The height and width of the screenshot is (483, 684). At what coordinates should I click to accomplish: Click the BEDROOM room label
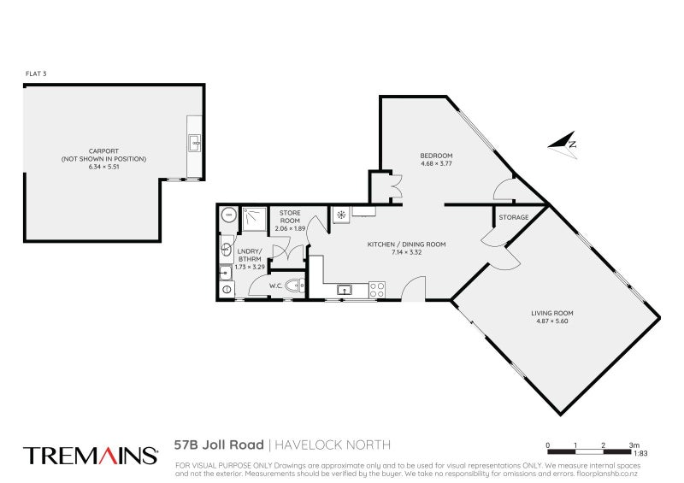tap(436, 155)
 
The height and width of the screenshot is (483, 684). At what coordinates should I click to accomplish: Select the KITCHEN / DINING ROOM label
tap(407, 244)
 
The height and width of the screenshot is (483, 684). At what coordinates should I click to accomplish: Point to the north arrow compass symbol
tap(563, 144)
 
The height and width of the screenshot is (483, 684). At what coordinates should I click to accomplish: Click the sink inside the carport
tap(194, 141)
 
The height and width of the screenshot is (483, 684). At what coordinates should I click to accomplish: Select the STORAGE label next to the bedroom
tap(514, 217)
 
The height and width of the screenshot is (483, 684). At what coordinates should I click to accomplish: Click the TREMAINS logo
tap(90, 455)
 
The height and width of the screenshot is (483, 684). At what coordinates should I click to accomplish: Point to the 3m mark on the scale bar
tap(634, 445)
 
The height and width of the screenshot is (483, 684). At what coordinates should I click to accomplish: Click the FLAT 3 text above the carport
tap(35, 75)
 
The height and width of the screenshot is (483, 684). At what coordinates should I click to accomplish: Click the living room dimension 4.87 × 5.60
tap(551, 322)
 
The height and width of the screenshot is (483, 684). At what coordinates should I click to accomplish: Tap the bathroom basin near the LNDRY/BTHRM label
tap(224, 249)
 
